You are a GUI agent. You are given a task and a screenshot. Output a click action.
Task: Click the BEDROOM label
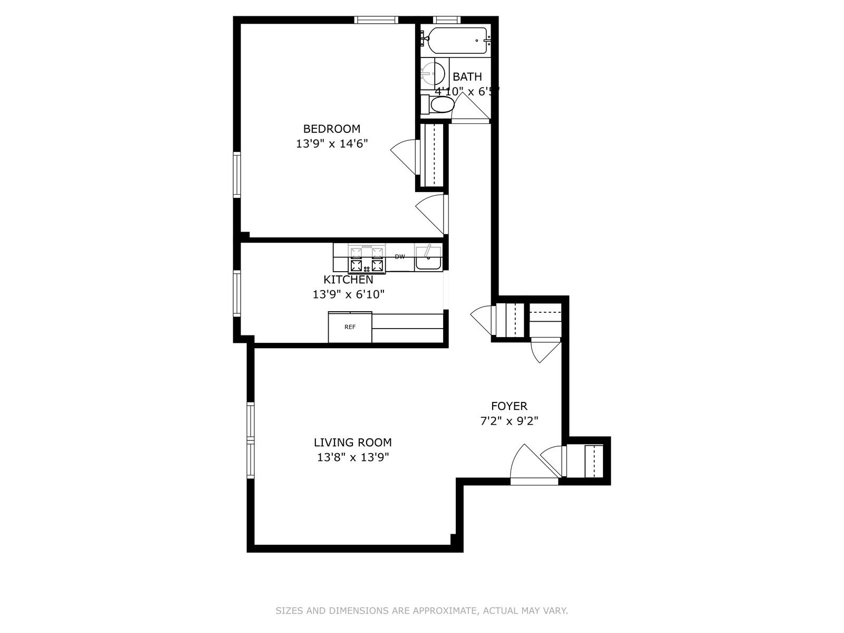click(331, 129)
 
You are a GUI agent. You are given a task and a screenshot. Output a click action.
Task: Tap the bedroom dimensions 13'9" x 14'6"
click(331, 143)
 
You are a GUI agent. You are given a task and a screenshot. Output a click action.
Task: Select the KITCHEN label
click(348, 280)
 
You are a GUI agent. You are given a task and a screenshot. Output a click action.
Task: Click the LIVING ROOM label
click(352, 443)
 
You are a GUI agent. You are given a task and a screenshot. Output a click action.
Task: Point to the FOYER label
click(509, 406)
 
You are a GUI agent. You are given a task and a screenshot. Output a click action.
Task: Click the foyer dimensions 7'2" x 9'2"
click(509, 421)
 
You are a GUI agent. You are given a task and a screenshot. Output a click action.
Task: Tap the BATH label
click(467, 77)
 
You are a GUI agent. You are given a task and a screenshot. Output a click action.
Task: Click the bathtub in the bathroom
click(457, 40)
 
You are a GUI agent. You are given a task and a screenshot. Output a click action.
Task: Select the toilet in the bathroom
click(441, 105)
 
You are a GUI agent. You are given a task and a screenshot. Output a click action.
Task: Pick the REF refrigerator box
click(350, 327)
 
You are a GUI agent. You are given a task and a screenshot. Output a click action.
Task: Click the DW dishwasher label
click(400, 257)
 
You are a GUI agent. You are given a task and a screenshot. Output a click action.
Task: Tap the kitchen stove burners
click(366, 259)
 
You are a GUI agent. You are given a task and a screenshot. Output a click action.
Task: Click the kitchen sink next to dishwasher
click(428, 259)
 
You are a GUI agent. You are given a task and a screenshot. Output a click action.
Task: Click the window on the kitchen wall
click(237, 293)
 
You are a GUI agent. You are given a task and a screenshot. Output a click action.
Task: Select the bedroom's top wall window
click(376, 20)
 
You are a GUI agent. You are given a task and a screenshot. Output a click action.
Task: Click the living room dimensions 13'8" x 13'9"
click(352, 457)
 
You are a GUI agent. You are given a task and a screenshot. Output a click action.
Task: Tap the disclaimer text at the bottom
click(421, 611)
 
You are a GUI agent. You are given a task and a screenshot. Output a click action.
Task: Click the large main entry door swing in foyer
click(530, 464)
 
